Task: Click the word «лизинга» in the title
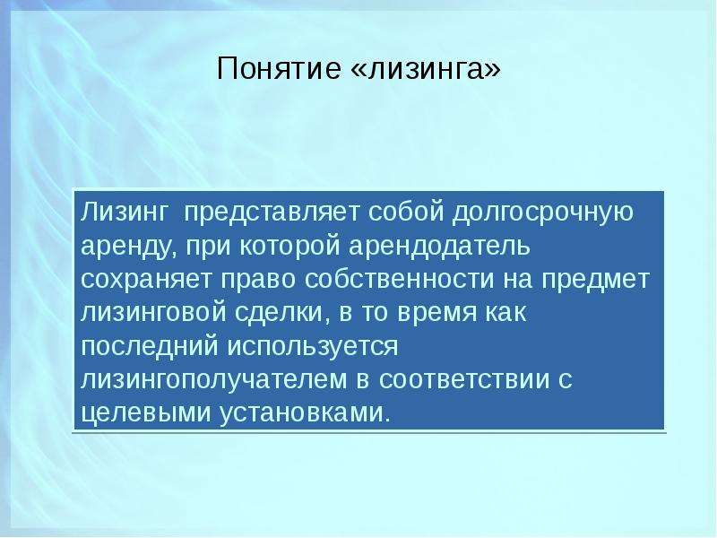[x=427, y=70]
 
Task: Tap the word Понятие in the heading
[x=279, y=69]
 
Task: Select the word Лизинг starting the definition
[x=125, y=213]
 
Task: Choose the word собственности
[x=400, y=279]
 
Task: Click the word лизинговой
[x=153, y=313]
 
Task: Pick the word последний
[x=150, y=347]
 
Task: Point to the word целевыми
[x=146, y=413]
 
